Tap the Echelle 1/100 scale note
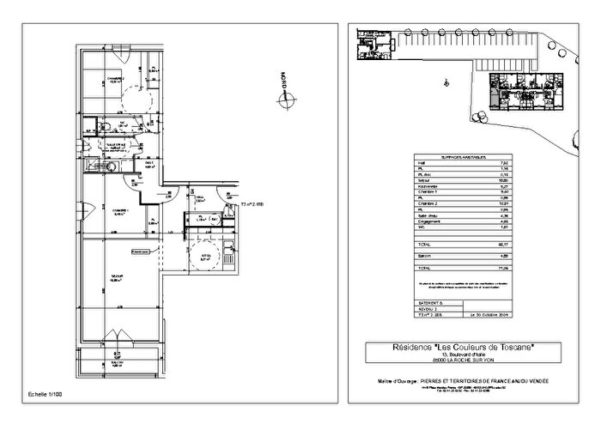coord(47,393)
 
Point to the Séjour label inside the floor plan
coord(116,276)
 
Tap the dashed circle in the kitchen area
coord(205,258)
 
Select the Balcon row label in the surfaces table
coord(423,255)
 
